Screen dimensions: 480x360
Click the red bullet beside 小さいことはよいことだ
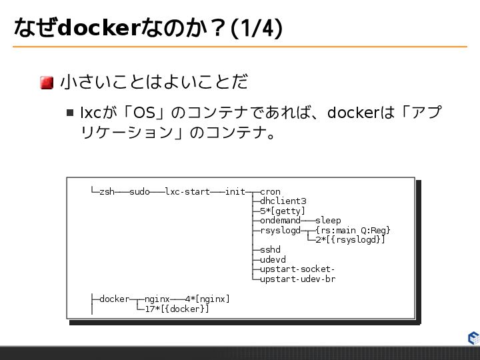point(47,83)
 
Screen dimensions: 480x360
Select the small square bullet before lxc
point(70,112)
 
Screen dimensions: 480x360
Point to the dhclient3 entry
point(283,201)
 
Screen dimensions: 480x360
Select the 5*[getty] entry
point(283,211)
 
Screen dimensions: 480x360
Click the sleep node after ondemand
point(327,221)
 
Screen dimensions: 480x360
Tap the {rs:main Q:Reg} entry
point(353,231)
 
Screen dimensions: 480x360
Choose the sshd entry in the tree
point(270,250)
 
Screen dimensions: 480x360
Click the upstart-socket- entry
point(297,269)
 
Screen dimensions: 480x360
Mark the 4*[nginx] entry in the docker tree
point(207,299)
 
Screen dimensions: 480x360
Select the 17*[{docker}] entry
point(177,309)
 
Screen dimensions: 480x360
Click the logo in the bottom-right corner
point(473,338)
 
